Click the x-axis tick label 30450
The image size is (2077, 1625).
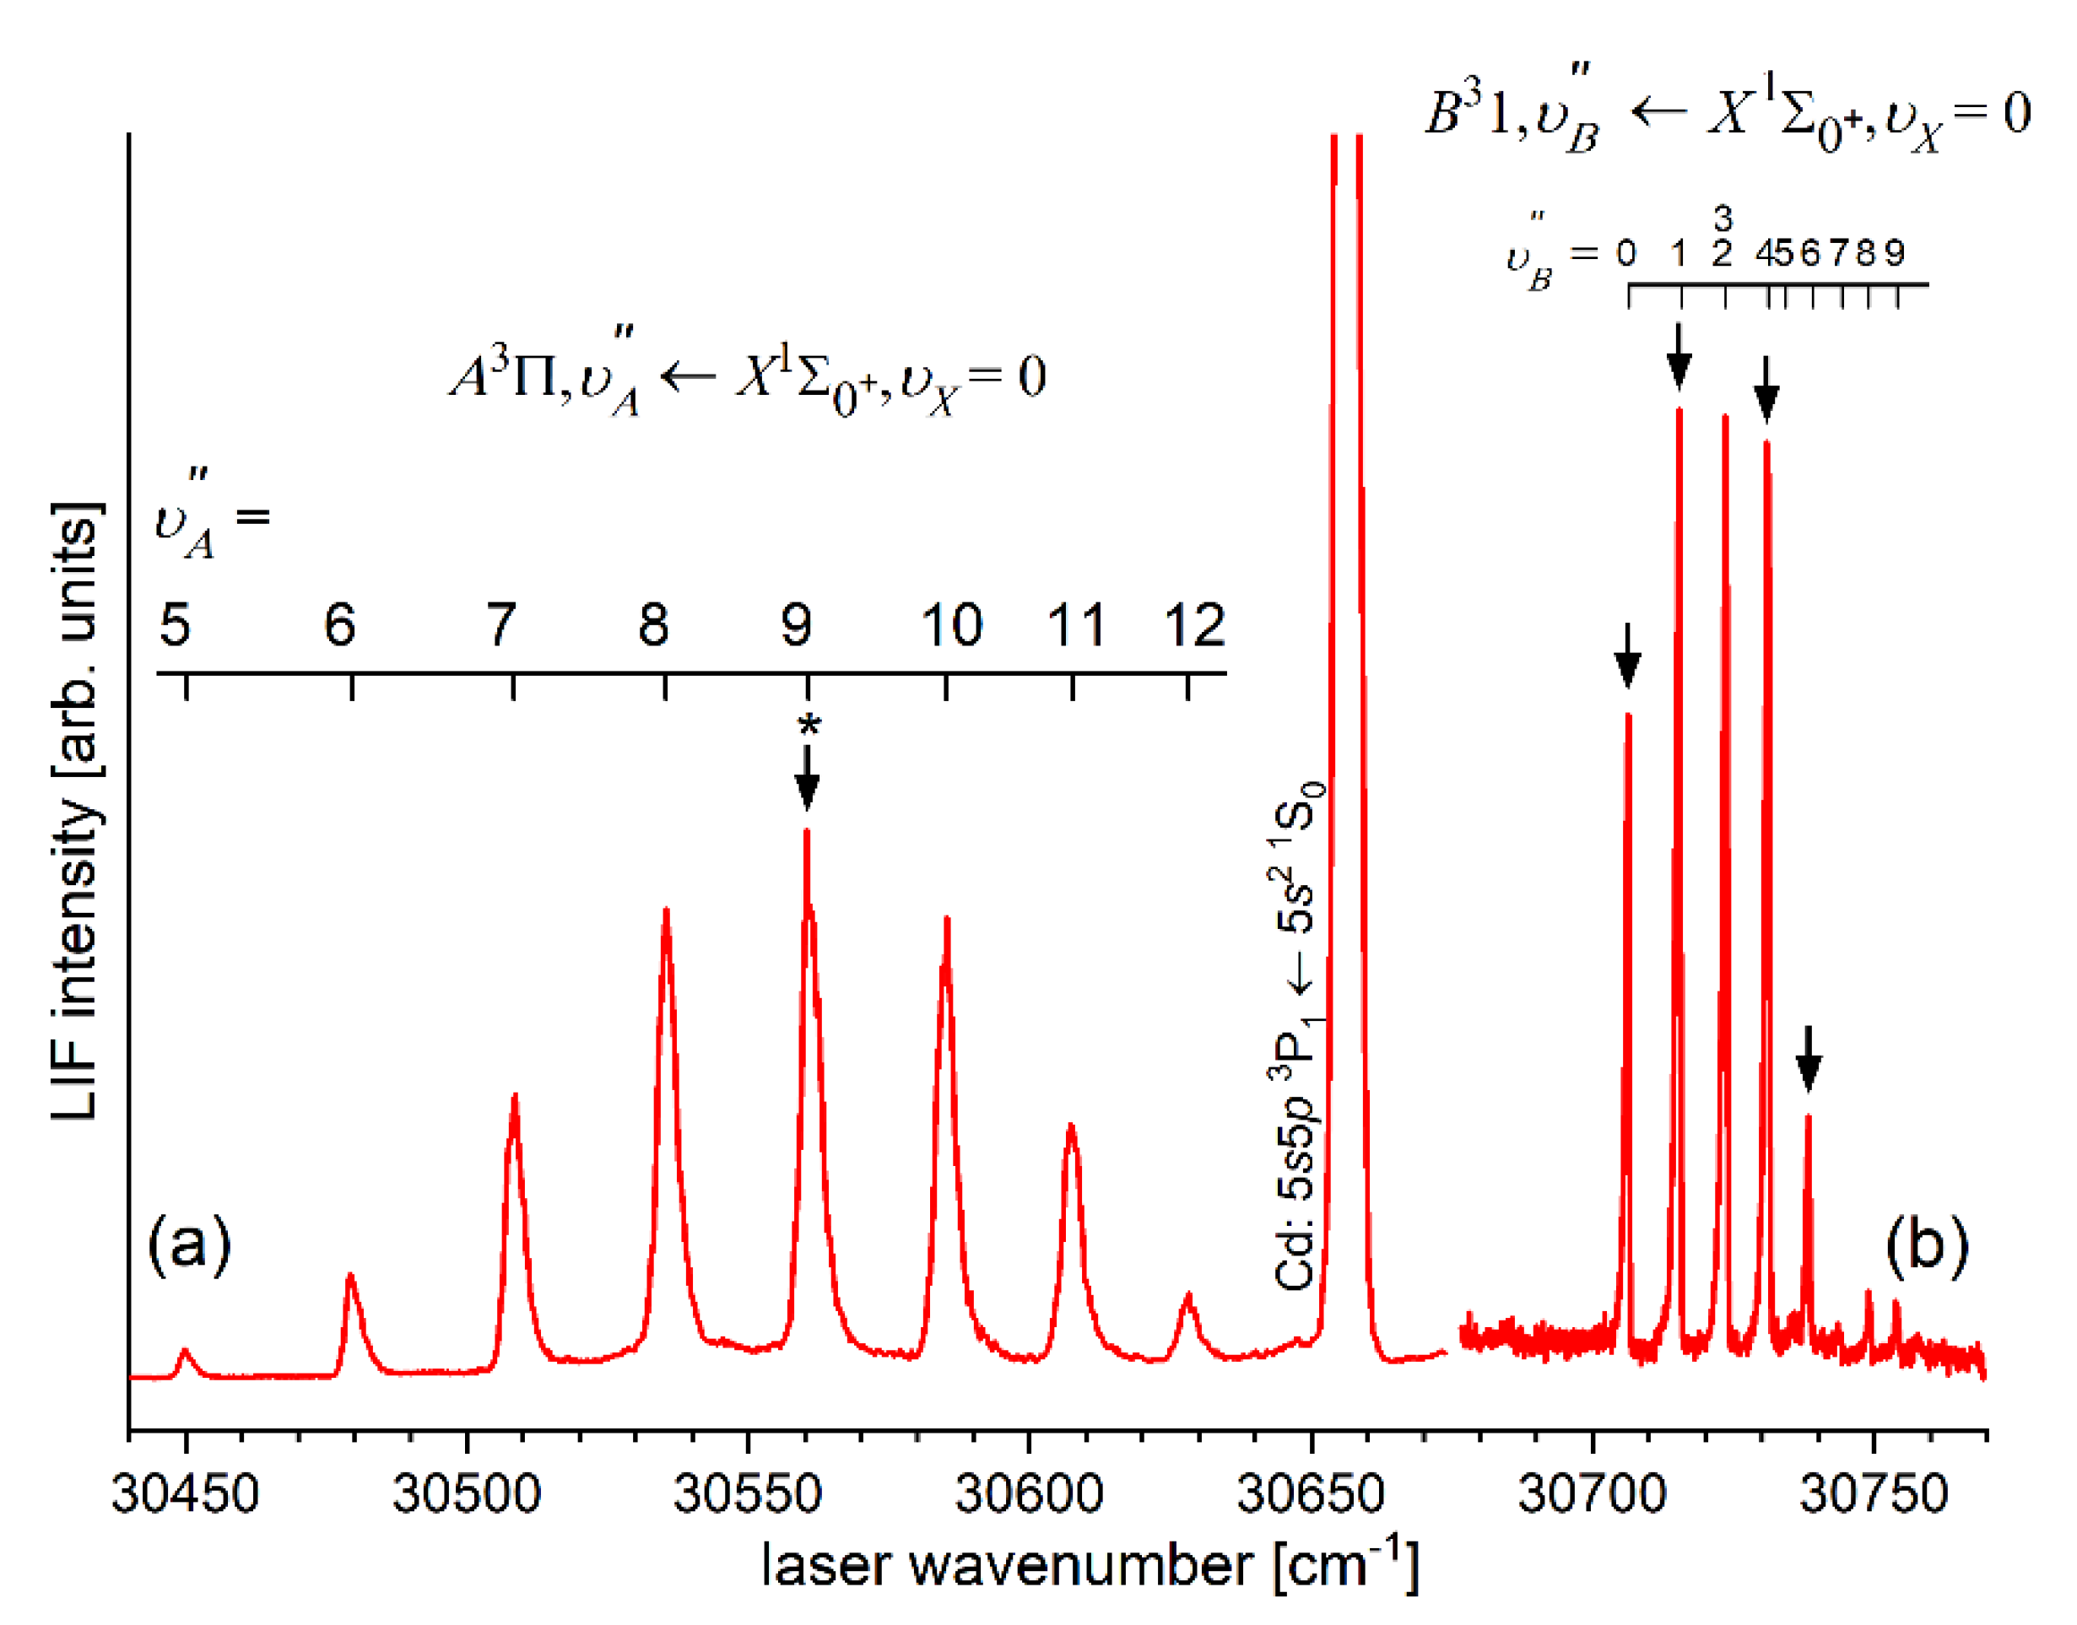point(185,1493)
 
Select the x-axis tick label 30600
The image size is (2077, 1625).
point(1029,1493)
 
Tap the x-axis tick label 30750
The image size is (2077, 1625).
point(1873,1493)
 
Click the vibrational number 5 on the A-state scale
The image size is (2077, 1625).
point(175,625)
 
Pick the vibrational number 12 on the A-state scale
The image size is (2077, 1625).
point(1194,625)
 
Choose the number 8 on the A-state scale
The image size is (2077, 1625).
point(653,625)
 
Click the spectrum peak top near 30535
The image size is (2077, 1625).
point(666,911)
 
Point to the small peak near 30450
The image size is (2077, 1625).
point(186,1351)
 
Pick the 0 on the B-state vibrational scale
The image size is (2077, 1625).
point(1626,253)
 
